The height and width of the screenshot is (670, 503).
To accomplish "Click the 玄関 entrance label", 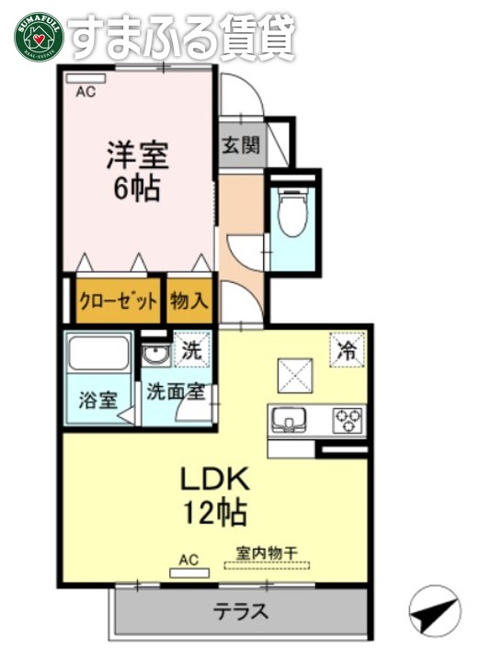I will coord(241,145).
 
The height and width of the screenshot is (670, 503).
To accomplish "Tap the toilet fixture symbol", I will coord(293,210).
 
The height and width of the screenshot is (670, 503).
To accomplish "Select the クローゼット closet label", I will coord(117,301).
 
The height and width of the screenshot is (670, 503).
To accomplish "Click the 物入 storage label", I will coord(190,301).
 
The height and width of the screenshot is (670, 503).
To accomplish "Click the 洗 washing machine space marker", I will coord(191,349).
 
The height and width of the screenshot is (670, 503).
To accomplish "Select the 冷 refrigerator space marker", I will coord(347,349).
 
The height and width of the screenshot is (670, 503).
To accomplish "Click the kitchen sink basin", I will coord(289,420).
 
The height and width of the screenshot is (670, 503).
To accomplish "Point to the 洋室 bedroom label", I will coord(135,153).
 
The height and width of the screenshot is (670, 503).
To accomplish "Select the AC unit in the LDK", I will coord(189,573).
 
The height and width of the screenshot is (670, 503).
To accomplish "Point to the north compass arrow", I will coord(433,611).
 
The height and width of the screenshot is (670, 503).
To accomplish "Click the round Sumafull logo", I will coord(37,37).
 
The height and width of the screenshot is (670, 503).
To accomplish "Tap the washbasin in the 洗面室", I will coord(154,355).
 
